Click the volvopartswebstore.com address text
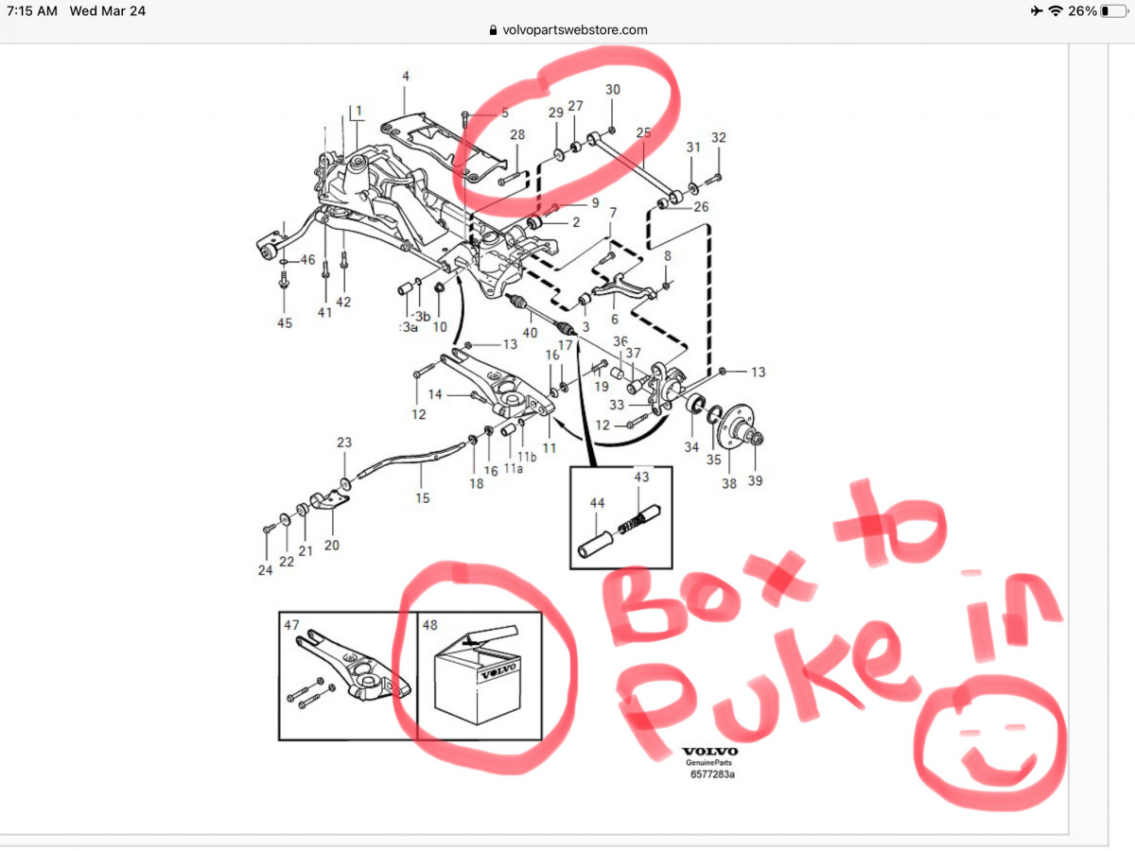click(x=574, y=30)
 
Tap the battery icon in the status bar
click(x=1113, y=10)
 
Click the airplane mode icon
click(x=1037, y=10)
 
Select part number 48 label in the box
click(x=429, y=625)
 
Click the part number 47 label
click(x=291, y=625)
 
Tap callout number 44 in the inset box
click(x=597, y=503)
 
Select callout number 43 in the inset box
click(x=641, y=477)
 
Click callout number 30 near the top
click(x=613, y=90)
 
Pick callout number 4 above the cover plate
click(x=406, y=76)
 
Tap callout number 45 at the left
click(x=285, y=323)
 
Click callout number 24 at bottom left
click(x=265, y=570)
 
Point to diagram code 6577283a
click(x=712, y=774)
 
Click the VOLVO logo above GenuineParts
click(x=710, y=752)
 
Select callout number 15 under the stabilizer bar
click(x=423, y=498)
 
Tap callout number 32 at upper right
click(x=719, y=137)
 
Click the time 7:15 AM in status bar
click(x=32, y=10)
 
